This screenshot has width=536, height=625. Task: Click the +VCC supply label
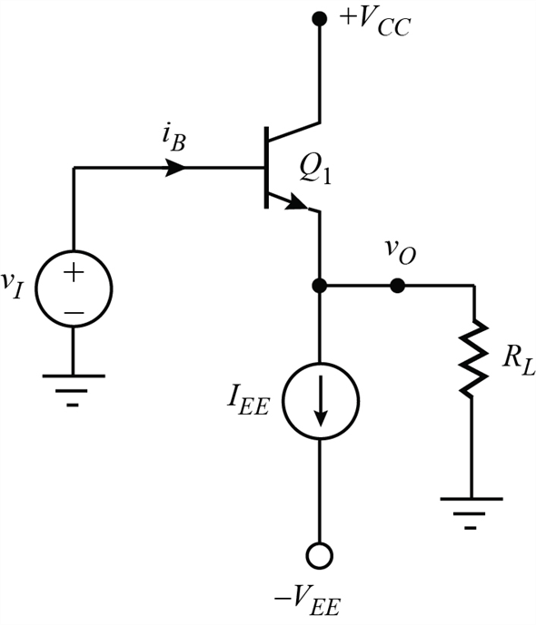tap(375, 23)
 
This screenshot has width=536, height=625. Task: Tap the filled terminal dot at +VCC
tap(319, 18)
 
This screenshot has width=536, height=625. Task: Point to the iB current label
tap(174, 138)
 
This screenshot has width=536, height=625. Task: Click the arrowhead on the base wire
tap(174, 168)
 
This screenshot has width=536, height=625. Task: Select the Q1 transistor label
tap(315, 171)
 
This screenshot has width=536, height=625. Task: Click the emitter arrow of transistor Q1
tap(296, 202)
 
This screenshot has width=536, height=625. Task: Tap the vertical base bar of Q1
tap(266, 168)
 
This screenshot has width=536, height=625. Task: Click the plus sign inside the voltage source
tap(74, 273)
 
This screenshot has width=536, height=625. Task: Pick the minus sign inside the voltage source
tap(74, 312)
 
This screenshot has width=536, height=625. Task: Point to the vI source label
tap(11, 286)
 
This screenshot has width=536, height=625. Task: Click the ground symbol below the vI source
tap(74, 391)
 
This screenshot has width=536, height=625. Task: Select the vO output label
tap(401, 252)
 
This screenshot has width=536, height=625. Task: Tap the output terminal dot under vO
tap(397, 286)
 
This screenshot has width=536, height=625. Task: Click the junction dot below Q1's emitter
tap(319, 286)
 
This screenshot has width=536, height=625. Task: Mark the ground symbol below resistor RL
tap(471, 513)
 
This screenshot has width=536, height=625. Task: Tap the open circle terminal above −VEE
tap(319, 556)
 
